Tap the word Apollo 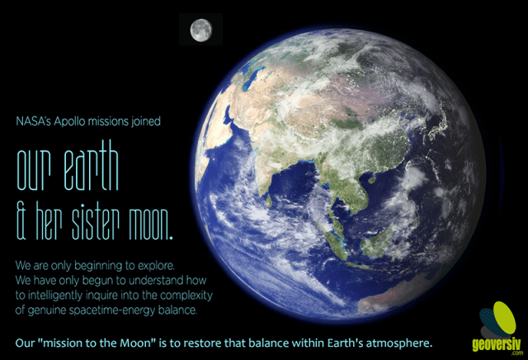coord(72,121)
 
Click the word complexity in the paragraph coord(185,296)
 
